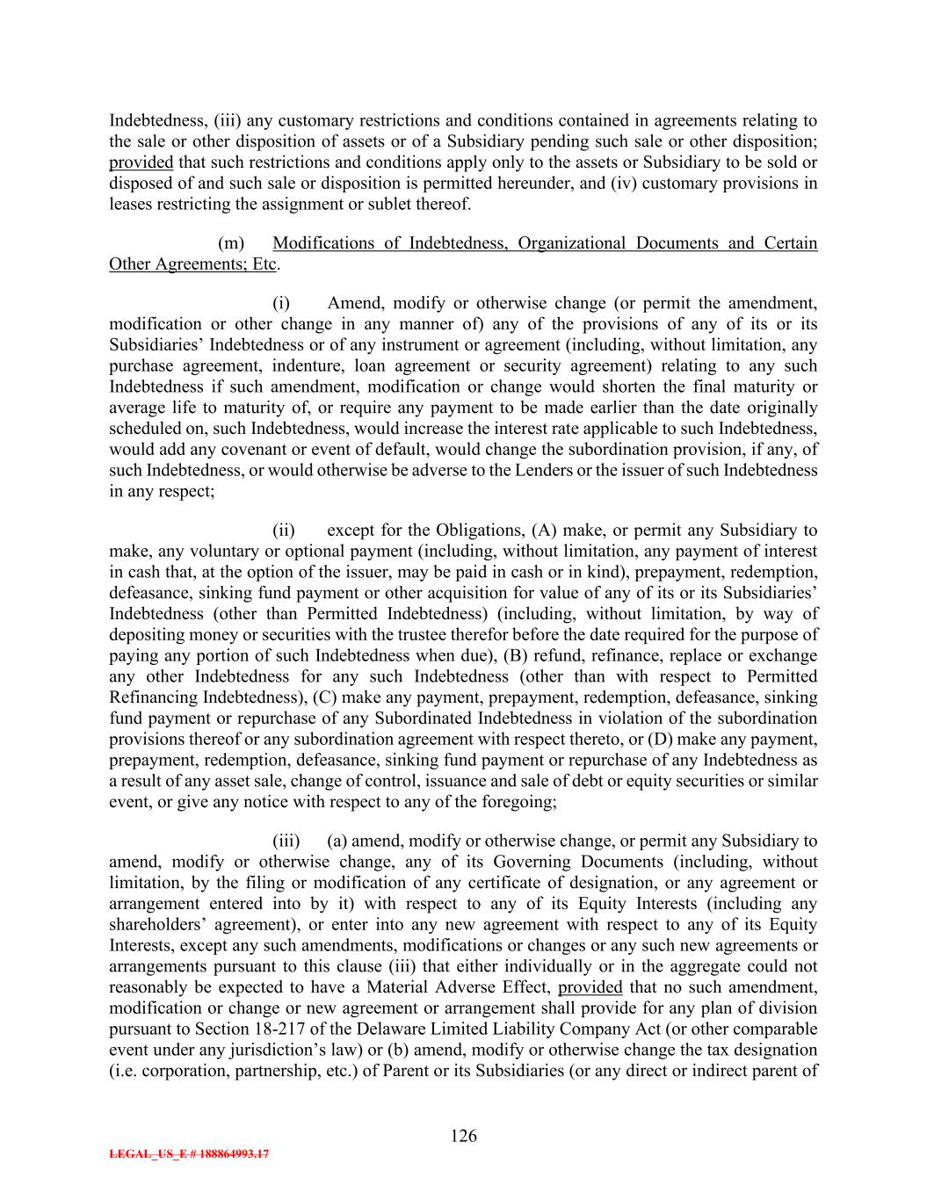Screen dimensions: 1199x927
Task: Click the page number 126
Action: (463, 1136)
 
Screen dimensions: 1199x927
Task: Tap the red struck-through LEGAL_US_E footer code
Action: (189, 1154)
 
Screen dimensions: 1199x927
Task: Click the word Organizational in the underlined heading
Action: (571, 243)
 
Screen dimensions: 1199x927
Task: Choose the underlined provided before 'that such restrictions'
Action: (141, 163)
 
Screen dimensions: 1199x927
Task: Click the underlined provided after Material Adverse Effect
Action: (590, 987)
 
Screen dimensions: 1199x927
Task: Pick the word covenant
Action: (216, 450)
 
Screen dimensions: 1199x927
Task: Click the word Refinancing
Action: (153, 697)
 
